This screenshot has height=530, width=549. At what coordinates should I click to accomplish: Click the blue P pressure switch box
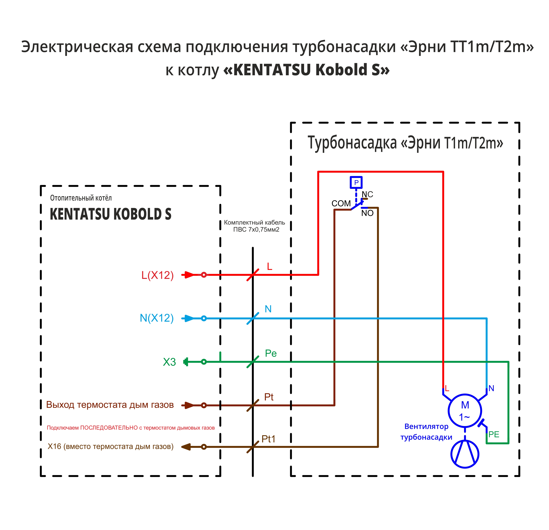[356, 183]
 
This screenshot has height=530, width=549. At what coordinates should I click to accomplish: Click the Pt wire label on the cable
[269, 397]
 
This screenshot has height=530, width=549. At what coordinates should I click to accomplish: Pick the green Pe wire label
[271, 353]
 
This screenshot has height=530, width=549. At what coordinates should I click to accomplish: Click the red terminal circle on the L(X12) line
[204, 275]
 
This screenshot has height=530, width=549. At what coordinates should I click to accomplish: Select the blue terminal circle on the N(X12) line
[204, 318]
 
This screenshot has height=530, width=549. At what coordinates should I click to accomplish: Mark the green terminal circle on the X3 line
[204, 362]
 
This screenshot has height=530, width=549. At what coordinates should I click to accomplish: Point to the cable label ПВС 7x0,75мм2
[256, 230]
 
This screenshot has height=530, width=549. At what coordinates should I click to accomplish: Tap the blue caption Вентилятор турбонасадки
[426, 431]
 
